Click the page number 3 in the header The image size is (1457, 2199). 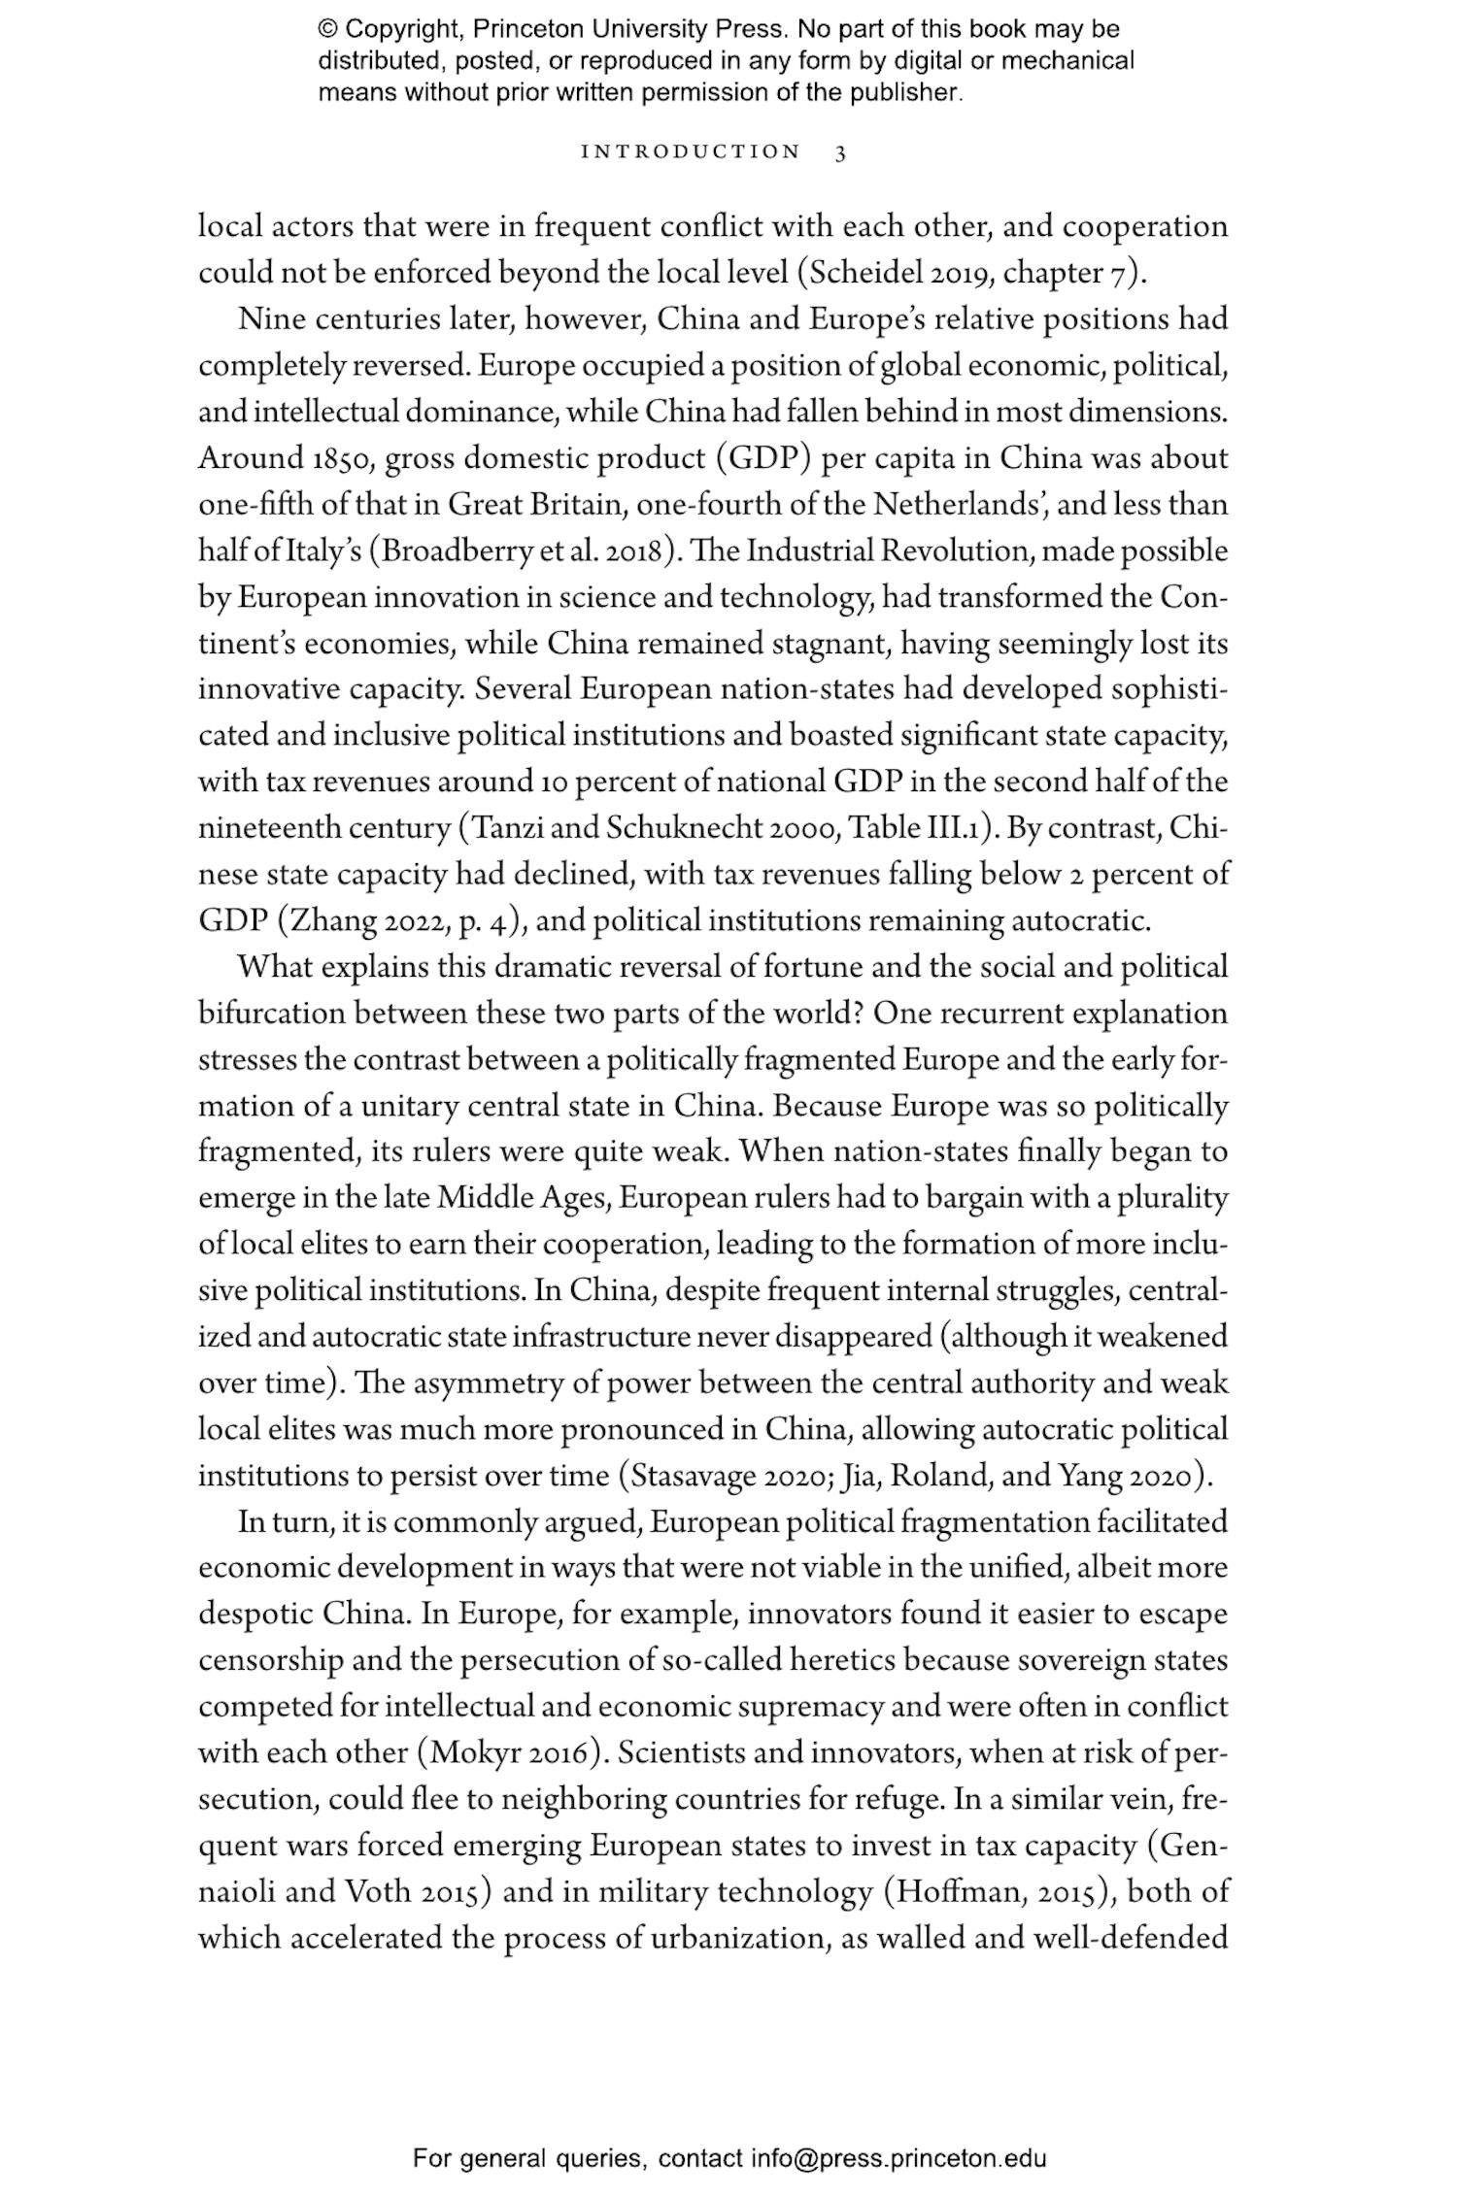point(840,152)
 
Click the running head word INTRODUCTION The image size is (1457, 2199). point(691,152)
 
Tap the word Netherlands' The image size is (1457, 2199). point(981,505)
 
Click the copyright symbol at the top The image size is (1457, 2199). point(327,29)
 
